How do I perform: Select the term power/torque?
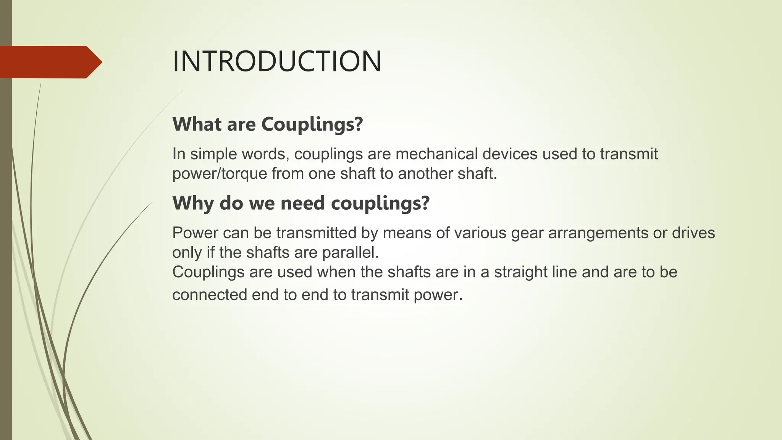[220, 174]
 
